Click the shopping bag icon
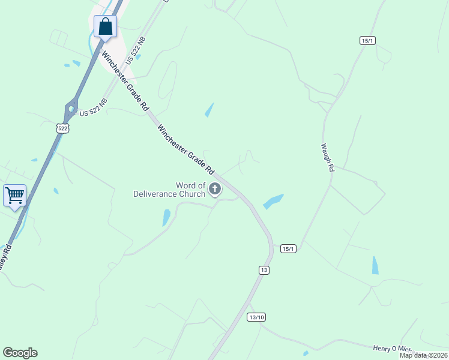105,27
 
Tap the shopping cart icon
14,194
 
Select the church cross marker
215,190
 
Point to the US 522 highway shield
62,128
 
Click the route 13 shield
264,270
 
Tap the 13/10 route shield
256,317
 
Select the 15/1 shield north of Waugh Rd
368,40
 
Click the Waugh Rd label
327,157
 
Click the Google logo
20,353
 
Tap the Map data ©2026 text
423,355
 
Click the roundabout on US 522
71,110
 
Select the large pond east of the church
273,201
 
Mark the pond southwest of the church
166,217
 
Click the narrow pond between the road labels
209,110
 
